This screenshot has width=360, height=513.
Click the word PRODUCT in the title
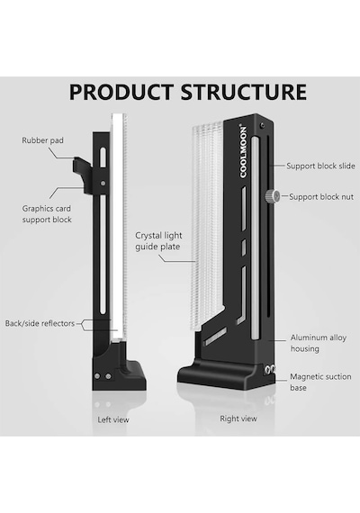coord(121,92)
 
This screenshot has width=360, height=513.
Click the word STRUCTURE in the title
coord(244,92)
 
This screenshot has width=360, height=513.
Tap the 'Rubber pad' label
coord(42,140)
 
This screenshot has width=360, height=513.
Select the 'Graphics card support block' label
coord(47,214)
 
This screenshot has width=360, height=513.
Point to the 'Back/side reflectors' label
coord(40,323)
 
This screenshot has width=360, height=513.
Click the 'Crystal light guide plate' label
coord(158,241)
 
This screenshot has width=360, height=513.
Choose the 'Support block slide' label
coord(320,166)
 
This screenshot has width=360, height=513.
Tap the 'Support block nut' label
coord(321,196)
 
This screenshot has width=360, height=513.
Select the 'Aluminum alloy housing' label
coord(318,343)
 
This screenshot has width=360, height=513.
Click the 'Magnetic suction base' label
coord(320,382)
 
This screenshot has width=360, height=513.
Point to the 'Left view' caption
coord(113,419)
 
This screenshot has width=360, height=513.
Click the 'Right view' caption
coord(238,418)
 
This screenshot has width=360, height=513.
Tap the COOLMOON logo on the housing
coord(243,151)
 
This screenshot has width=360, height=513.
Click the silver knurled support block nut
coord(273,196)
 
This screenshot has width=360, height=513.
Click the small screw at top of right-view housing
coord(262,125)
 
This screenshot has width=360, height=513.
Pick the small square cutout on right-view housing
coord(244,247)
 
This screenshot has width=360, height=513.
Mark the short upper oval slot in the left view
coord(103,157)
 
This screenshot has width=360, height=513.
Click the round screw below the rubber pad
coord(103,184)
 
